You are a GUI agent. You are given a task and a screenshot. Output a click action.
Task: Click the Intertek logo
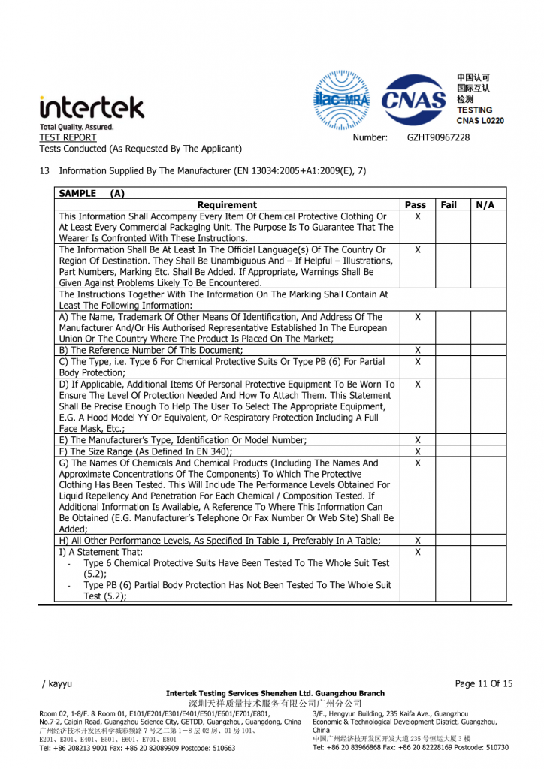click(92, 107)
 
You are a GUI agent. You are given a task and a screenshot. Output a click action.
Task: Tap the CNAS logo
click(414, 100)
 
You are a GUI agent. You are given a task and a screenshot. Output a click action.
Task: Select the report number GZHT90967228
click(438, 137)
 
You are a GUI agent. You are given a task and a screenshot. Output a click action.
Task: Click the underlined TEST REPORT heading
click(68, 137)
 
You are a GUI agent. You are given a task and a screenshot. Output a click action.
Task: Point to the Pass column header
click(416, 204)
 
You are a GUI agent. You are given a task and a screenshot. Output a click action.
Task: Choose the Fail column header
click(449, 204)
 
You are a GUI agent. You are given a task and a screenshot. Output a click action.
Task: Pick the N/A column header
click(485, 204)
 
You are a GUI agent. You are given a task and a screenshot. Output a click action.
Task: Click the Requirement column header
click(227, 204)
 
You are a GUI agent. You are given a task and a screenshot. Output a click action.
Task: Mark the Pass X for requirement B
click(418, 351)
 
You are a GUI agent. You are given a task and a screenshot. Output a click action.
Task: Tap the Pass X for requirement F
click(418, 451)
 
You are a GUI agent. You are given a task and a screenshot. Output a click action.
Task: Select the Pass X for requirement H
click(418, 541)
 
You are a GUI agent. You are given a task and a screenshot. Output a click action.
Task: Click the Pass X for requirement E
click(418, 440)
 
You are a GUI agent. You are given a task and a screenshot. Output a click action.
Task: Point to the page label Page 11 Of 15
click(484, 683)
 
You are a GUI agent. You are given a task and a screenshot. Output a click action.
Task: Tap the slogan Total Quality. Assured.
click(77, 127)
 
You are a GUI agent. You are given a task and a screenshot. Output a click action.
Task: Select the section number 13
click(44, 171)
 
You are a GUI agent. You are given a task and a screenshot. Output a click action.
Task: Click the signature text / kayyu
click(57, 683)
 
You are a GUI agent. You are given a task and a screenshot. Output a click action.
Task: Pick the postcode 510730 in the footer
click(491, 747)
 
